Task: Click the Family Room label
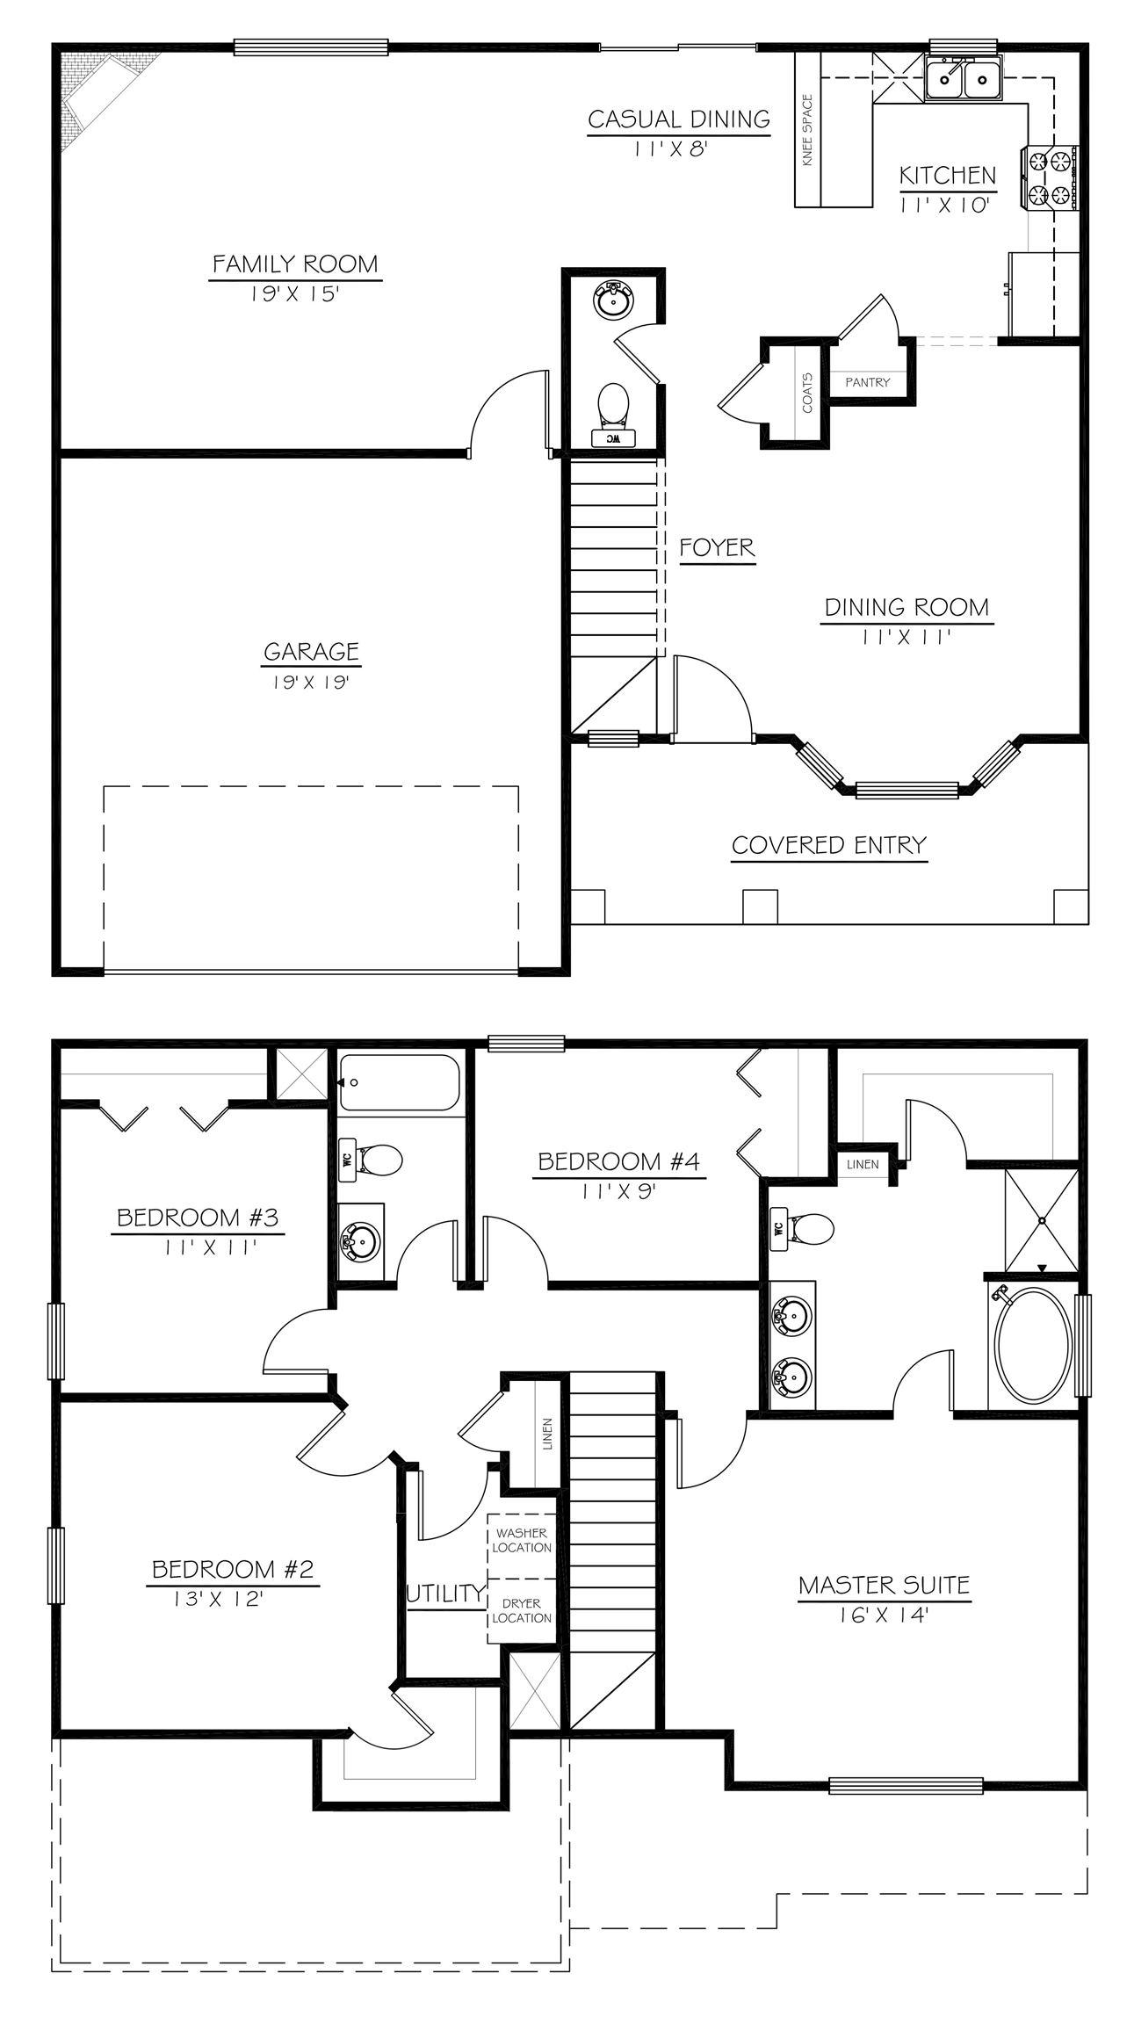pyautogui.click(x=295, y=264)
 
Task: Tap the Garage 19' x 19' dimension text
pyautogui.click(x=311, y=682)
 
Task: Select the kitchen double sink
pyautogui.click(x=964, y=77)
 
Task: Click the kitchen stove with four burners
pyautogui.click(x=1050, y=178)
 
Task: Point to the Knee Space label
pyautogui.click(x=807, y=130)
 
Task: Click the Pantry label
pyautogui.click(x=867, y=382)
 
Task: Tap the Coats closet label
pyautogui.click(x=807, y=393)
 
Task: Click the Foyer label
pyautogui.click(x=717, y=547)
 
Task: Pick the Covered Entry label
pyautogui.click(x=829, y=845)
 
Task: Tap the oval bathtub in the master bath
pyautogui.click(x=1032, y=1345)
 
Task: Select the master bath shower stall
pyautogui.click(x=1041, y=1219)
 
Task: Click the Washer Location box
pyautogui.click(x=522, y=1540)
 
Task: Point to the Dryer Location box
pyautogui.click(x=522, y=1610)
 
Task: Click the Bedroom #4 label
pyautogui.click(x=618, y=1161)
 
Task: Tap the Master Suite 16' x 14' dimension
pyautogui.click(x=884, y=1615)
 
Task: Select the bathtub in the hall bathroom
pyautogui.click(x=400, y=1082)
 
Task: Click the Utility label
pyautogui.click(x=445, y=1593)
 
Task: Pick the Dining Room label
pyautogui.click(x=906, y=607)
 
